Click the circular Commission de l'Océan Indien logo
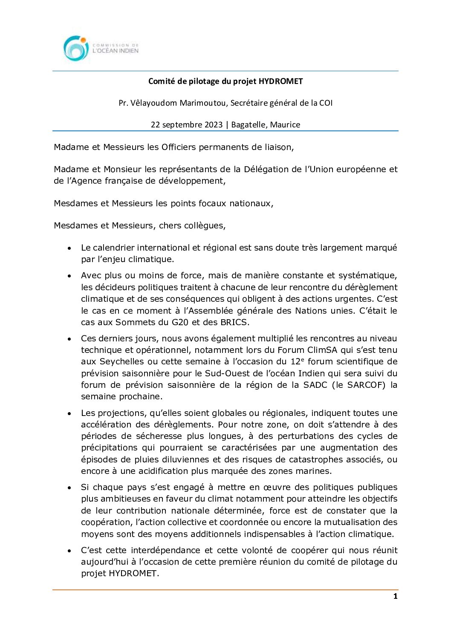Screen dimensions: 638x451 (76, 48)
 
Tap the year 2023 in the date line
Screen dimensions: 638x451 (213, 124)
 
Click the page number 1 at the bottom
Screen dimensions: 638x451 (395, 596)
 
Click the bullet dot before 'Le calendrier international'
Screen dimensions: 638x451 (69, 248)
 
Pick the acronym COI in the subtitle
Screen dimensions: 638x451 (326, 103)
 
